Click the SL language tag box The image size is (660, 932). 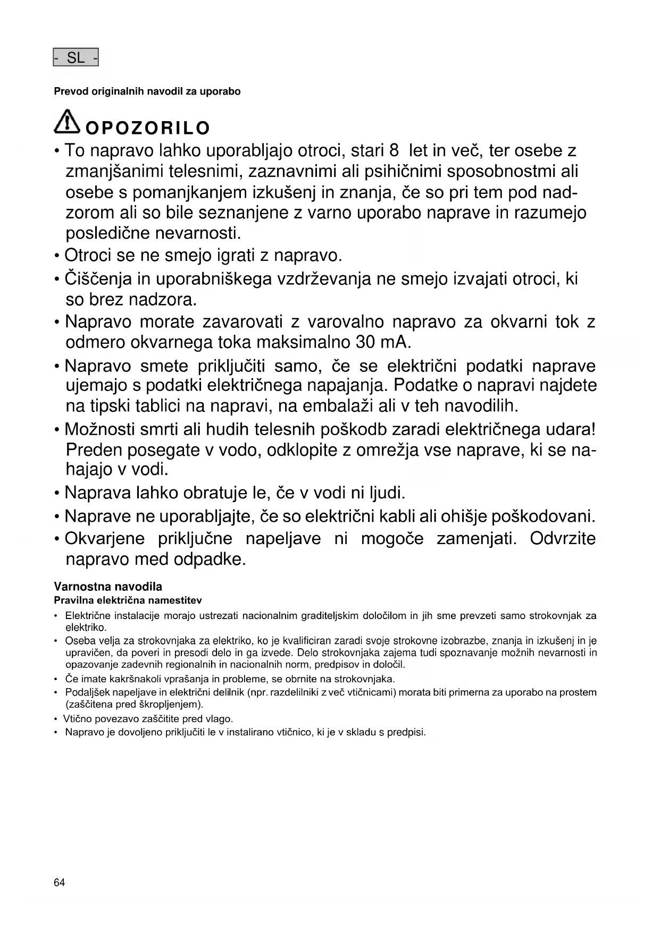76,58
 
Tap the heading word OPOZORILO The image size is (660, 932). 148,128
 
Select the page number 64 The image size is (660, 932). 59,883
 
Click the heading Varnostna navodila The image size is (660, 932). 108,587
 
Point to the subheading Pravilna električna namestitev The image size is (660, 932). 128,600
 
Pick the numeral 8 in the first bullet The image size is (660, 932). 394,150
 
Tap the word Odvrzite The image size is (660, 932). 563,539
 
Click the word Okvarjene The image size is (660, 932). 104,539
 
